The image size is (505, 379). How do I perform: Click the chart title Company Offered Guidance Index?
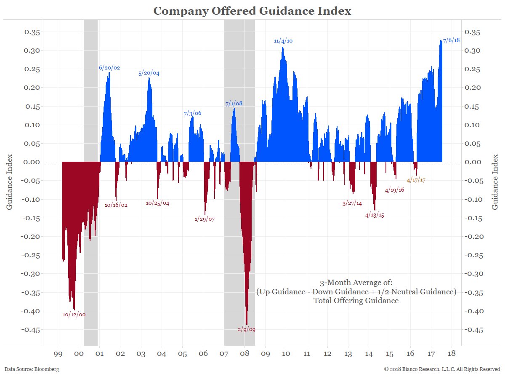tap(252, 11)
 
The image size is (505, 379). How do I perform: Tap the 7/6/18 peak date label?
tap(451, 40)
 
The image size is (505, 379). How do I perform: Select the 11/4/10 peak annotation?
tap(283, 41)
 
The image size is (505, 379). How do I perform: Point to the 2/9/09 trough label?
tap(246, 329)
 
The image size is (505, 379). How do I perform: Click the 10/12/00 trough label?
tap(74, 314)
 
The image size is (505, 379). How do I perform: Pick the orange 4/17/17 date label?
tap(416, 180)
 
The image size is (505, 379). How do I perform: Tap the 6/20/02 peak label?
tap(109, 67)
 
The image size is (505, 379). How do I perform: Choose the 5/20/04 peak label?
tap(149, 73)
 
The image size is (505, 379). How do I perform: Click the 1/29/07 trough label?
tap(205, 219)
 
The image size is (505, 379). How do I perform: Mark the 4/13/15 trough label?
tap(375, 215)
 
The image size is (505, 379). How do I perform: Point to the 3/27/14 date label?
tap(352, 203)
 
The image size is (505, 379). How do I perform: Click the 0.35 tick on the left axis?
tap(32, 32)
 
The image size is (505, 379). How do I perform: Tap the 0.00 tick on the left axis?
tap(32, 162)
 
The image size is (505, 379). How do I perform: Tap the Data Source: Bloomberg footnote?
tap(32, 369)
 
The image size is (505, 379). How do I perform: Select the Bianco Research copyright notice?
tap(442, 369)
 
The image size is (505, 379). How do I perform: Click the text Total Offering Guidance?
tap(356, 301)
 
